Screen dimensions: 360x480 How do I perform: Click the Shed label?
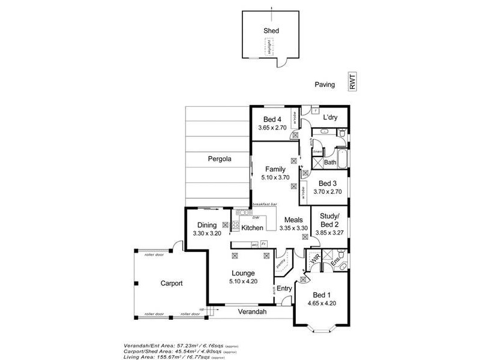click(271, 31)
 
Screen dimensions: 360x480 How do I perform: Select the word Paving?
click(325, 85)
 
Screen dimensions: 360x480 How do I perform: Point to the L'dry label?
click(331, 118)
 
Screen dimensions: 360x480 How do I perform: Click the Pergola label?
click(219, 159)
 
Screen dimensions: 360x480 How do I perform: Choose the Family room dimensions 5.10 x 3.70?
click(275, 178)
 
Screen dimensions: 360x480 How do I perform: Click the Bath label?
click(330, 162)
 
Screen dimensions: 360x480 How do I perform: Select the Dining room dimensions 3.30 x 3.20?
click(207, 233)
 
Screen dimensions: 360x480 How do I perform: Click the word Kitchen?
click(252, 228)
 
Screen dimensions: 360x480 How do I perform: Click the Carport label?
click(171, 283)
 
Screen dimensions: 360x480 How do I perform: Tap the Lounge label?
click(242, 274)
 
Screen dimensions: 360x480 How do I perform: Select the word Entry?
click(284, 289)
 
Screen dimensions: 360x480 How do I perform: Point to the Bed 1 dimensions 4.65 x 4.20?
click(322, 303)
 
